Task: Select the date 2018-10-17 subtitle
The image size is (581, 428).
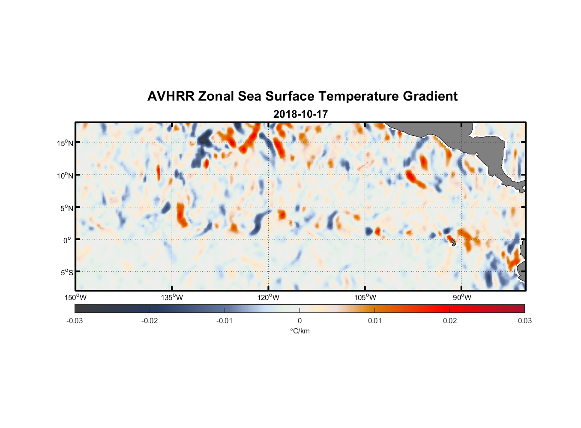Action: click(x=300, y=114)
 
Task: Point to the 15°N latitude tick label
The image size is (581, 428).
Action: click(x=65, y=143)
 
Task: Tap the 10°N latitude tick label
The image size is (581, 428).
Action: click(x=65, y=175)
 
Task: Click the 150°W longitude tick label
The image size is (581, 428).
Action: click(x=75, y=297)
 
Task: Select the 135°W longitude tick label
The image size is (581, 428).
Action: click(x=172, y=297)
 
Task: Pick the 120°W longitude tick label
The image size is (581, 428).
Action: click(x=268, y=297)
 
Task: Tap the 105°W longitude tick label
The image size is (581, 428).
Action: click(x=365, y=297)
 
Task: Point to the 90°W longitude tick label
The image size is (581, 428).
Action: click(x=462, y=297)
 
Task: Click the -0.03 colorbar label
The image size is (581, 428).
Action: click(x=75, y=321)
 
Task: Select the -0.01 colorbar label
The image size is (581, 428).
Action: click(x=225, y=321)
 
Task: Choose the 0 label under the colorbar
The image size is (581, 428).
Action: click(x=299, y=321)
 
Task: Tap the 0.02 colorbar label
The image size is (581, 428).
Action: click(x=450, y=321)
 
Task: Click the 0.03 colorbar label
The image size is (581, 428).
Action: click(x=524, y=321)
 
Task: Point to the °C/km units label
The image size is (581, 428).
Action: click(x=299, y=331)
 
